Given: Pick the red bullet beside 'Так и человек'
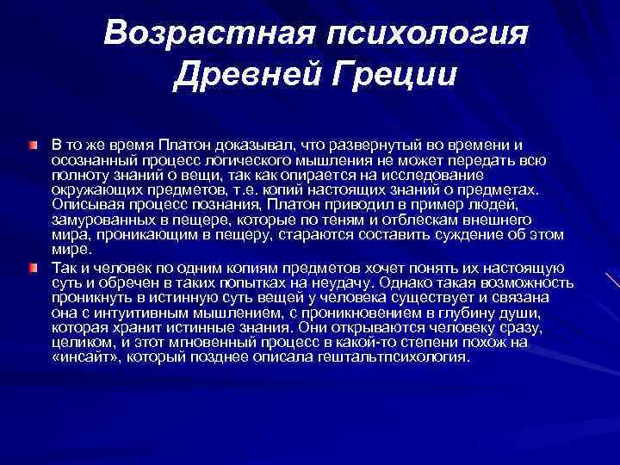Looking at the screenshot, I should [33, 269].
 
